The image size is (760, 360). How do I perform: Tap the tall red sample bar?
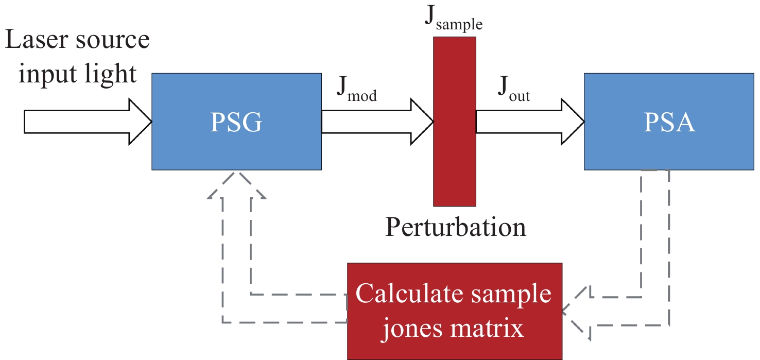(454, 121)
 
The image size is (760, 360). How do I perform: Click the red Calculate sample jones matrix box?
(454, 311)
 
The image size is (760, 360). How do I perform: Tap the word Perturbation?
(456, 227)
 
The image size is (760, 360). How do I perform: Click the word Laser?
(38, 40)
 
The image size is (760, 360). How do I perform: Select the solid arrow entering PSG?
(88, 122)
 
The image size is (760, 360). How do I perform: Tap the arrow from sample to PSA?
(530, 122)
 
